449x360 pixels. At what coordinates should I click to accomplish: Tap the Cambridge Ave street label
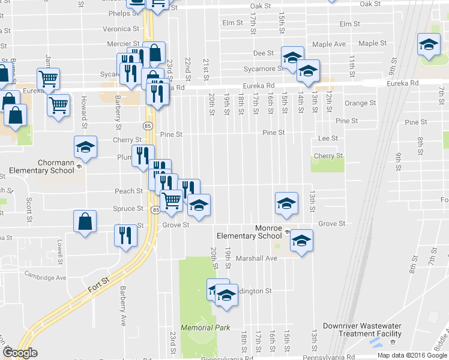45,277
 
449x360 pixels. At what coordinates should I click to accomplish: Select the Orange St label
360,103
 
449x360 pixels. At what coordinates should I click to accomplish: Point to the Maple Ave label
329,44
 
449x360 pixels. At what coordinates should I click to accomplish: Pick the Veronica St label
121,29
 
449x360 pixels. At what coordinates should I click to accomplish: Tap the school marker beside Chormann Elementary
85,148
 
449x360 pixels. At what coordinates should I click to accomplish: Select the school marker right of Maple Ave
429,44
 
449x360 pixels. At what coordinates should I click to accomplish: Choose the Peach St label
129,191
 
